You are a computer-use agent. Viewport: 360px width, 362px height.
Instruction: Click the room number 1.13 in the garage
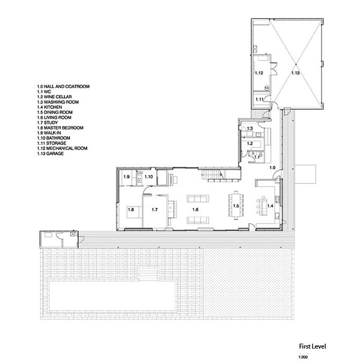(x=295, y=73)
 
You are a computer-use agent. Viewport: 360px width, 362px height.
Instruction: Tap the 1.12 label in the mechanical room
(x=259, y=73)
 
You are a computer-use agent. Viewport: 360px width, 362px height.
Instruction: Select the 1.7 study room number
(x=155, y=210)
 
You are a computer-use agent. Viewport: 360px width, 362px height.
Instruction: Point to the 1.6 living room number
(x=195, y=210)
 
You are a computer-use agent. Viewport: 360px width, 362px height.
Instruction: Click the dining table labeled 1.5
(x=236, y=205)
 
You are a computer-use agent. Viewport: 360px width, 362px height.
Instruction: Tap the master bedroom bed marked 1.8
(x=134, y=212)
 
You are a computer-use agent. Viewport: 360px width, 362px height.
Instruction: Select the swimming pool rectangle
(x=113, y=296)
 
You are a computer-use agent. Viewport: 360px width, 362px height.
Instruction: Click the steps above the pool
(x=148, y=274)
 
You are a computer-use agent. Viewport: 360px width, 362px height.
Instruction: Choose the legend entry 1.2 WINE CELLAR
(x=55, y=97)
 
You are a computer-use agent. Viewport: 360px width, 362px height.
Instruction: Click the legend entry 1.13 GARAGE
(x=50, y=154)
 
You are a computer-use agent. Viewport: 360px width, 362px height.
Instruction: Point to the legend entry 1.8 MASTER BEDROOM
(x=60, y=128)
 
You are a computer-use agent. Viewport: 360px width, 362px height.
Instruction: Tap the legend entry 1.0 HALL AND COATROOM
(x=63, y=86)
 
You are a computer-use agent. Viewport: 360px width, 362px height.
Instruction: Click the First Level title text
(x=313, y=346)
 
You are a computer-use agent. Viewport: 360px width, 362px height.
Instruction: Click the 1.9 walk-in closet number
(x=126, y=177)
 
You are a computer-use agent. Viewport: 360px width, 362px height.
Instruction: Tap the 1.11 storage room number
(x=259, y=99)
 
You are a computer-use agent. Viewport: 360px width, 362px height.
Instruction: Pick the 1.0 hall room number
(x=272, y=168)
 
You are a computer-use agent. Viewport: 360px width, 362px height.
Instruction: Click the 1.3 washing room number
(x=250, y=128)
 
